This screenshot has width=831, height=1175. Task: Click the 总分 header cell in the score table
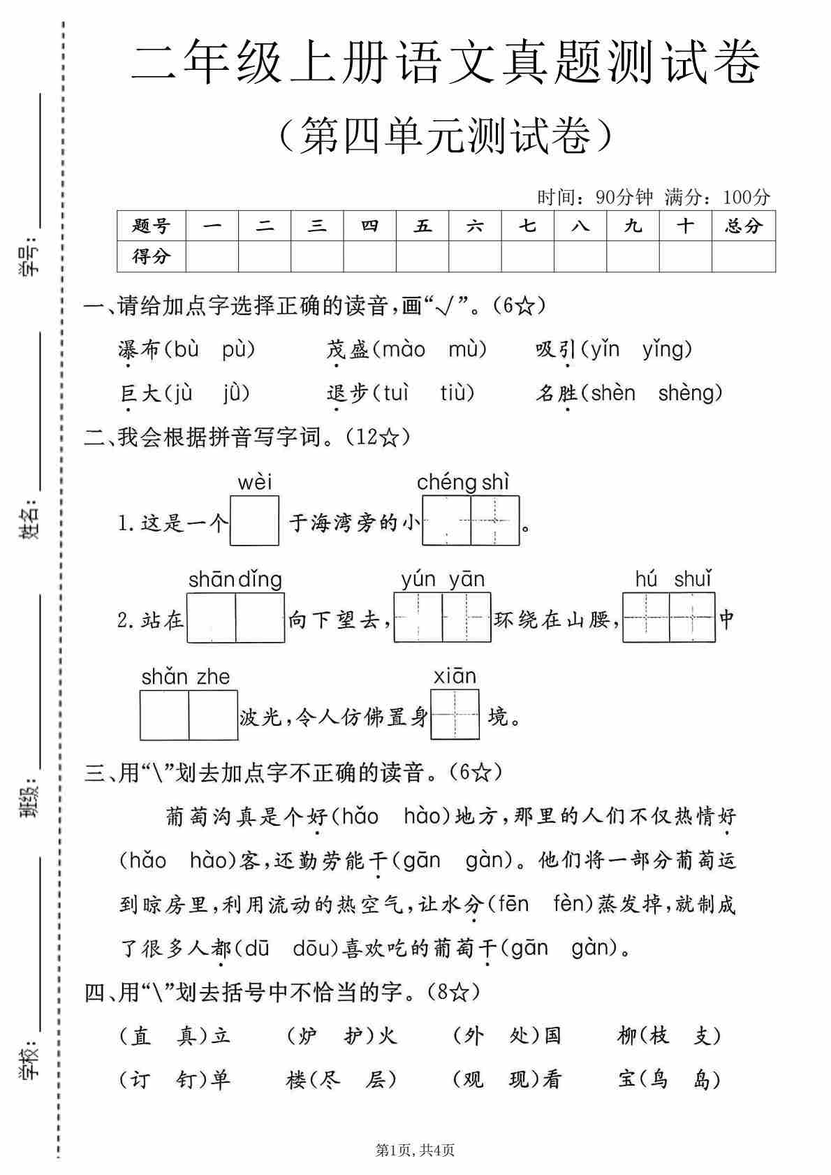click(x=743, y=226)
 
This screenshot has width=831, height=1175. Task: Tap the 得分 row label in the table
click(x=151, y=256)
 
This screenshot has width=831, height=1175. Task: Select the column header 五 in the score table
click(x=422, y=226)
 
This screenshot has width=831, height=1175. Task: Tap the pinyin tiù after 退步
click(x=457, y=393)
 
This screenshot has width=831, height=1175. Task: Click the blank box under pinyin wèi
click(x=254, y=520)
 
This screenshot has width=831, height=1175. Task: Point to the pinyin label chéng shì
click(x=463, y=482)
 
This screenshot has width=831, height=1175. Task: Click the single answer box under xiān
click(x=455, y=714)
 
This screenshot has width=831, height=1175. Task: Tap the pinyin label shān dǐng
click(x=235, y=579)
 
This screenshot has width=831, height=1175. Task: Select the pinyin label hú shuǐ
click(x=672, y=578)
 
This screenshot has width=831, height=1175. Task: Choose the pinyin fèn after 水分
click(x=573, y=904)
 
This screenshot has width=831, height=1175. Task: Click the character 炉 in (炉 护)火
click(x=308, y=1035)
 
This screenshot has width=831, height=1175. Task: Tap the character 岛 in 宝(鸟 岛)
click(x=701, y=1080)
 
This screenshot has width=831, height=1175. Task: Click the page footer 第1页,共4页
click(x=415, y=1150)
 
